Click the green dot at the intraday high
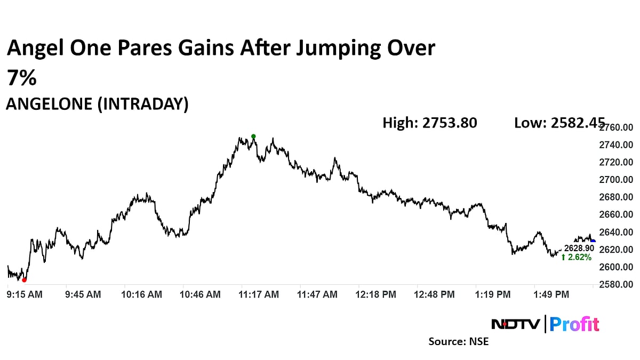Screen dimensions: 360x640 pyautogui.click(x=253, y=137)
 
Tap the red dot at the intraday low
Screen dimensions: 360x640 pyautogui.click(x=24, y=279)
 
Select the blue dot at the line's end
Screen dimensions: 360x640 pyautogui.click(x=593, y=242)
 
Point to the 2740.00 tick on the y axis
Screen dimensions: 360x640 pyautogui.click(x=616, y=145)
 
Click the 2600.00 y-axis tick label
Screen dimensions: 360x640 pyautogui.click(x=616, y=267)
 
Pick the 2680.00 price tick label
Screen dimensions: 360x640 pyautogui.click(x=616, y=197)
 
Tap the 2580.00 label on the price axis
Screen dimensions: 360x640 pyautogui.click(x=616, y=284)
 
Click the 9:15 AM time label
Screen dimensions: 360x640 pyautogui.click(x=25, y=294)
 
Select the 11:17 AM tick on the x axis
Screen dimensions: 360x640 pyautogui.click(x=259, y=294)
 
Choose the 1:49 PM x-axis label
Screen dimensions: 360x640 pyautogui.click(x=552, y=294)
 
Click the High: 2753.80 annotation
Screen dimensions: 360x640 pyautogui.click(x=430, y=123)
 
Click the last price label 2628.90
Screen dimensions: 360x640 pyautogui.click(x=579, y=249)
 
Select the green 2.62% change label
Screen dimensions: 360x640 pyautogui.click(x=577, y=258)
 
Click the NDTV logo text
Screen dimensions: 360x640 pyautogui.click(x=515, y=324)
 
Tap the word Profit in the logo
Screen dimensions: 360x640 pyautogui.click(x=574, y=324)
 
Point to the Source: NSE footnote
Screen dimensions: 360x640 pyautogui.click(x=459, y=341)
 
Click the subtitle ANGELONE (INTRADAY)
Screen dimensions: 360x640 pyautogui.click(x=97, y=105)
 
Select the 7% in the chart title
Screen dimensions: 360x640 pyautogui.click(x=21, y=78)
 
